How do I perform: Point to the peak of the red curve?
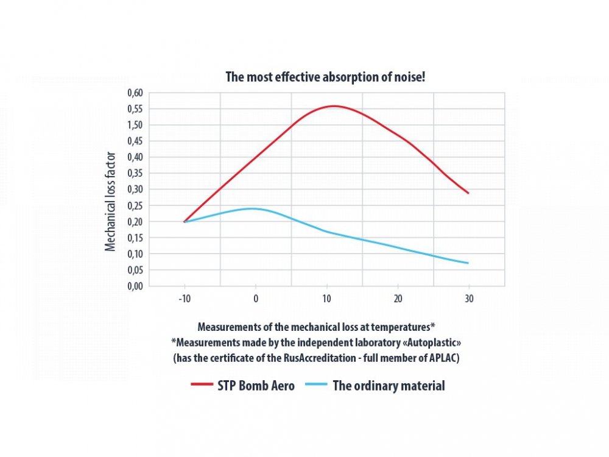click(x=334, y=106)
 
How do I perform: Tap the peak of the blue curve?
click(x=252, y=208)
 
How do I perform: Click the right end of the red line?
click(x=468, y=193)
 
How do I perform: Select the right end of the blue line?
click(x=468, y=263)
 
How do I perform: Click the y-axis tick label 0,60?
click(x=135, y=93)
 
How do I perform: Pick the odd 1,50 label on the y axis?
click(x=135, y=126)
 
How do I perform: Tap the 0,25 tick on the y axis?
click(x=135, y=205)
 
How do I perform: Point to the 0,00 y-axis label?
click(x=135, y=286)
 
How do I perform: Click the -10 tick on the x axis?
click(x=184, y=300)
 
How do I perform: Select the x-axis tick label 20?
click(x=397, y=300)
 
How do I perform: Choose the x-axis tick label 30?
click(x=468, y=300)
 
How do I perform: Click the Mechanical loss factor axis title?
click(x=111, y=202)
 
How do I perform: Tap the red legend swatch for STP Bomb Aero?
click(x=202, y=386)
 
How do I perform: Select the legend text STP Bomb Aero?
click(x=256, y=386)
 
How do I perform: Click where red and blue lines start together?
click(x=184, y=222)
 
